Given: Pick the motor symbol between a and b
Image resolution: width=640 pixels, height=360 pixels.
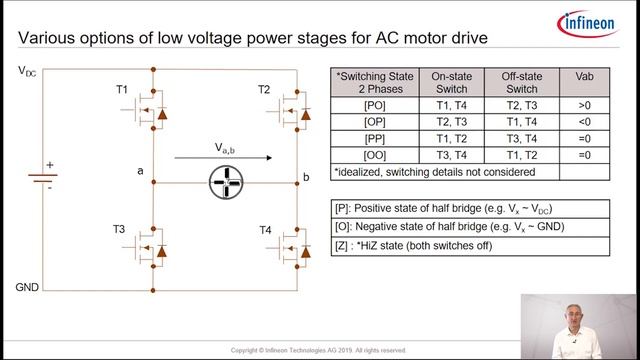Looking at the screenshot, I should [225, 182].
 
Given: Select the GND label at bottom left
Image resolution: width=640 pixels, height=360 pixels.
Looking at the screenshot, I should [28, 287].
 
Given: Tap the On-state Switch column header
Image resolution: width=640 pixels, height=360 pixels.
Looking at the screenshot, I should [449, 81].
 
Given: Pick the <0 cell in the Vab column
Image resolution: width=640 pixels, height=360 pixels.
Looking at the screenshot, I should [584, 120].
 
